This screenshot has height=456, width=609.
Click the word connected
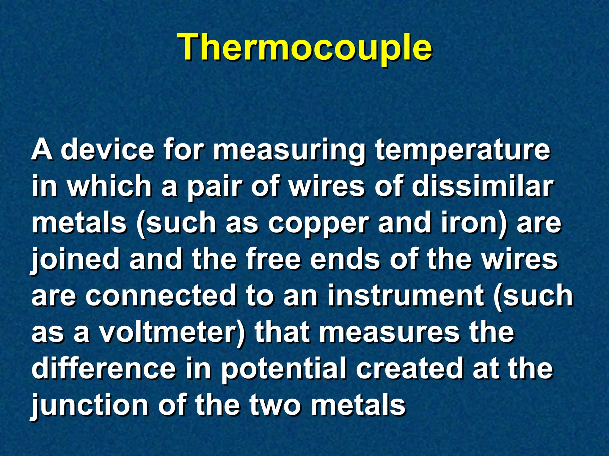[161, 295]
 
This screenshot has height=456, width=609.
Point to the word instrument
[406, 295]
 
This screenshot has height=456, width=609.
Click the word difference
[104, 368]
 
